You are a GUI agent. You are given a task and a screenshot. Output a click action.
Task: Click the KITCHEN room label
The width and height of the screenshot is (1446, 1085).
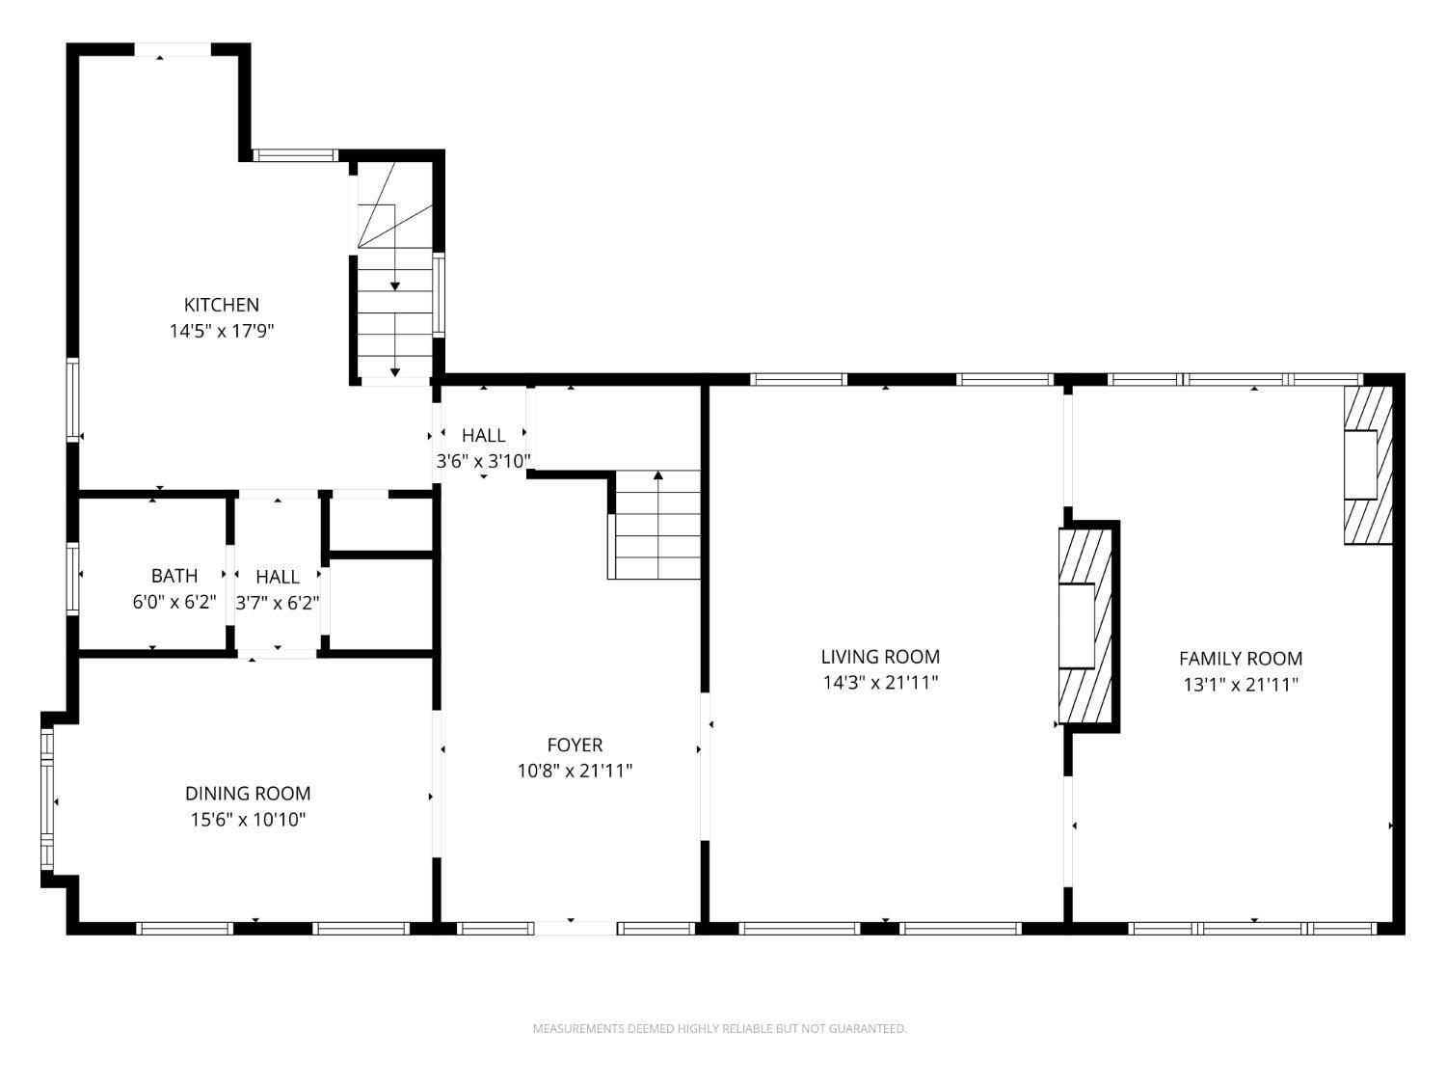[222, 305]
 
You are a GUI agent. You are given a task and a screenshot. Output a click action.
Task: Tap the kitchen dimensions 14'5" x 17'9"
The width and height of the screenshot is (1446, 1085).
[222, 331]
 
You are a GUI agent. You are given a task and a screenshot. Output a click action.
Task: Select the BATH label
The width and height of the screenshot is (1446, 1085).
[174, 576]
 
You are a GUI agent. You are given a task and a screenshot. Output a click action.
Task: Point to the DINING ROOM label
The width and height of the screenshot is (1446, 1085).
[248, 793]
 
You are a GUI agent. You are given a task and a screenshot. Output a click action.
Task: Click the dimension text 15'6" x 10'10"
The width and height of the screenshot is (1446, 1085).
[249, 820]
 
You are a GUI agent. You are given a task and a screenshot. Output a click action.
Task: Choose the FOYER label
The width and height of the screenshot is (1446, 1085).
[576, 745]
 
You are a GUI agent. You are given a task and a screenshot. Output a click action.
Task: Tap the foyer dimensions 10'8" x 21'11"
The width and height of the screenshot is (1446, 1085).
[576, 770]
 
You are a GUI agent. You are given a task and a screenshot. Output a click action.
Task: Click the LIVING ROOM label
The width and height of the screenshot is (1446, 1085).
[880, 656]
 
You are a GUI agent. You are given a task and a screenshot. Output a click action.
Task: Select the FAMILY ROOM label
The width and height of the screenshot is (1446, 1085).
[1241, 658]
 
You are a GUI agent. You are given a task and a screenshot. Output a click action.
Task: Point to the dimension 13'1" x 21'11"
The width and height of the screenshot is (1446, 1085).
[1241, 685]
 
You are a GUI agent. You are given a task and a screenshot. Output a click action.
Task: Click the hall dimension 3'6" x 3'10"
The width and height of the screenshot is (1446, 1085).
[484, 461]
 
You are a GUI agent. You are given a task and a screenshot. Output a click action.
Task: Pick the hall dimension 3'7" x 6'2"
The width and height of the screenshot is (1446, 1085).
[278, 603]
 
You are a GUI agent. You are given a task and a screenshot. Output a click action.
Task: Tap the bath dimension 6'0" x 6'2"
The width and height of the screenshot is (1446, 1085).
[174, 602]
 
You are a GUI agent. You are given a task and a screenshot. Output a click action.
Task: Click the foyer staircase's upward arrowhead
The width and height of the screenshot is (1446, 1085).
[658, 475]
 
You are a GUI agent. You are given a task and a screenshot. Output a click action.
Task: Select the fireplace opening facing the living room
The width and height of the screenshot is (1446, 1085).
[1077, 626]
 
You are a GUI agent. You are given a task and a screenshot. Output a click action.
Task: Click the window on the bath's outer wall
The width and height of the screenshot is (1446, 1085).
[72, 579]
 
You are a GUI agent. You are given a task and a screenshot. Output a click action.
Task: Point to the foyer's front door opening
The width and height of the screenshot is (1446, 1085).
[576, 928]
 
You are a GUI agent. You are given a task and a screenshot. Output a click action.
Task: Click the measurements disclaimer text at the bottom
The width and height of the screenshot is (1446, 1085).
[720, 1028]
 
